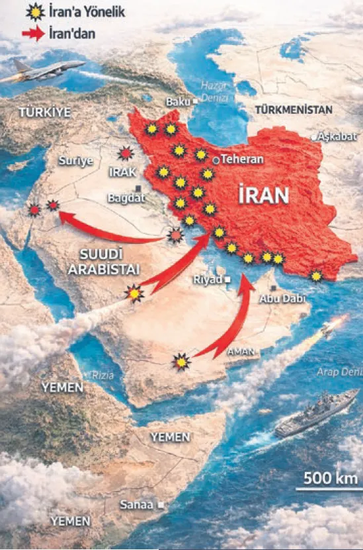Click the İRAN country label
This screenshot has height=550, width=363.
[264, 195]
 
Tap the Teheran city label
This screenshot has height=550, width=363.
[242, 160]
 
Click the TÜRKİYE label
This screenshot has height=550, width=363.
[44, 112]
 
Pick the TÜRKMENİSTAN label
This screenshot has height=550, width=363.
[294, 109]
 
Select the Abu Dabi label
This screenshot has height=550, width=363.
[282, 299]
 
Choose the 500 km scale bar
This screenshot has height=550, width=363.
[326, 488]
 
